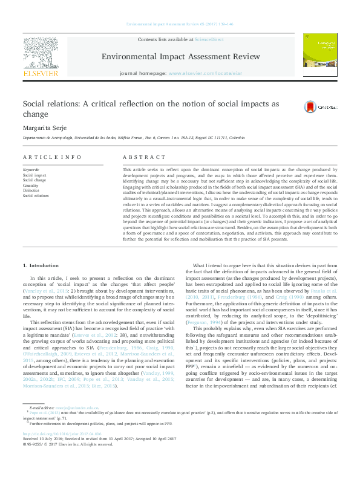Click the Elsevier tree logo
(41, 51)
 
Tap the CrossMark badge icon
(310, 106)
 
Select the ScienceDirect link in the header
(209, 39)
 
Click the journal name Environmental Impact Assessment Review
(180, 56)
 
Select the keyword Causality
(31, 185)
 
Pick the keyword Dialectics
(31, 190)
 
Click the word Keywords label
(31, 170)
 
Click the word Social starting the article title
(37, 104)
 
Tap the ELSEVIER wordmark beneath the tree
(41, 73)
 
